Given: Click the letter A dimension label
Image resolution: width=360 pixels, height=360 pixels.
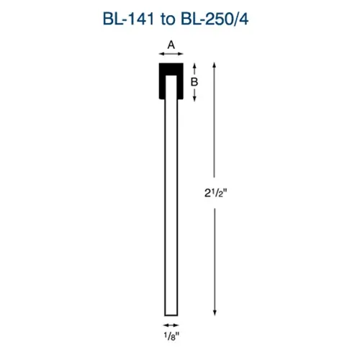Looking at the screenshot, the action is pos(171,45).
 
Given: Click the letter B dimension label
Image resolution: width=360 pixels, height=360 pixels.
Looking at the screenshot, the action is pos(194,82).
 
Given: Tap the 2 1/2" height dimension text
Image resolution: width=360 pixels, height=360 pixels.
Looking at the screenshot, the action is pos(215,193).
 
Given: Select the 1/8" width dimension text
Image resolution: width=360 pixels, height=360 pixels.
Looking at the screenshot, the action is pos(171,336).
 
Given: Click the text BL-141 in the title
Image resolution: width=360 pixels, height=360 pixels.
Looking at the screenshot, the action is pos(128,19).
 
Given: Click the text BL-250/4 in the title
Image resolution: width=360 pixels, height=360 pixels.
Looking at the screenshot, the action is pos(215,19).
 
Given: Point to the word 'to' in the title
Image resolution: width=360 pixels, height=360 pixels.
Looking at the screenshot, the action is pos(168,19).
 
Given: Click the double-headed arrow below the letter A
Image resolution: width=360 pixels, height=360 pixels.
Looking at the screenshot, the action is pos(171,54).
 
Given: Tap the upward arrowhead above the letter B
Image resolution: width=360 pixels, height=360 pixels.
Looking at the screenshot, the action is pos(194,66).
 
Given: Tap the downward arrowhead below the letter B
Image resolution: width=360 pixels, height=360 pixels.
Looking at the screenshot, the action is pos(194,99).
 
